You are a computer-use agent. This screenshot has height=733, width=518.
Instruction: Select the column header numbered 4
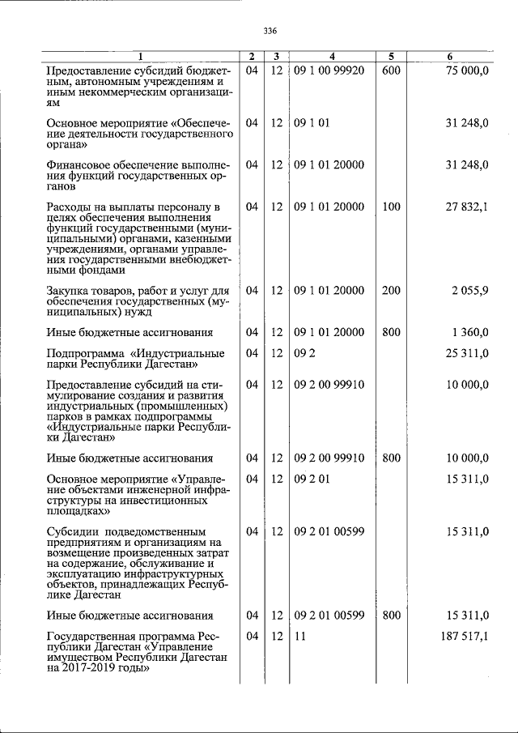click(332, 57)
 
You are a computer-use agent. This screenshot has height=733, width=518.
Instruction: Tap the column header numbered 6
click(449, 57)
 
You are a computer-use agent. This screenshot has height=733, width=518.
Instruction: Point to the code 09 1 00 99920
click(329, 70)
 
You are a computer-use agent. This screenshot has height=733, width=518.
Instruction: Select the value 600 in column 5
click(391, 70)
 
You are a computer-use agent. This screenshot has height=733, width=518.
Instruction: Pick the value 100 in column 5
click(391, 207)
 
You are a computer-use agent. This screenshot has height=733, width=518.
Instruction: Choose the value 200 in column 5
click(391, 290)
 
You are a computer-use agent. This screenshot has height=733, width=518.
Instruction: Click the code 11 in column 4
click(300, 637)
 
